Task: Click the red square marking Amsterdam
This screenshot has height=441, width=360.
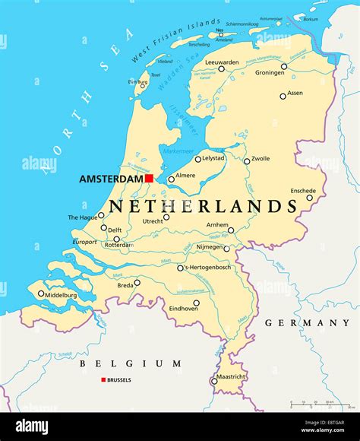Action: (150, 178)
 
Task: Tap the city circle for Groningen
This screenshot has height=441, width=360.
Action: (284, 66)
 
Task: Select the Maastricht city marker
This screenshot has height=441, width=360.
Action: (213, 382)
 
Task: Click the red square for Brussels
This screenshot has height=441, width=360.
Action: (103, 379)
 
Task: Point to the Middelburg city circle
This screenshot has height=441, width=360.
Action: (41, 293)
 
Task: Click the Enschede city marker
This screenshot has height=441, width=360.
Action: (309, 198)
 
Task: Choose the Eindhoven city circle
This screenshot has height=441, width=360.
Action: (196, 303)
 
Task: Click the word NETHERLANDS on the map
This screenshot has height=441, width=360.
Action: (203, 206)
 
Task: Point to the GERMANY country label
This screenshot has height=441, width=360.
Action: (307, 323)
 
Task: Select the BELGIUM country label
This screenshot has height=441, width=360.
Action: (130, 363)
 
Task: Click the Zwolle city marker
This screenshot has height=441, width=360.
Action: (247, 161)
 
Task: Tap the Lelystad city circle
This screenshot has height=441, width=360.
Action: (198, 159)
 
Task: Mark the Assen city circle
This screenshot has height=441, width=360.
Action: (283, 96)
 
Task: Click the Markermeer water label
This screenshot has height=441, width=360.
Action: (180, 151)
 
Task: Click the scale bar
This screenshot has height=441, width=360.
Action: (311, 405)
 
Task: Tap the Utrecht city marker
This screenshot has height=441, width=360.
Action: (166, 217)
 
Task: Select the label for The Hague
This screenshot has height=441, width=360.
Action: (82, 217)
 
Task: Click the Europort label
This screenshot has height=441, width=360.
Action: (84, 242)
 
